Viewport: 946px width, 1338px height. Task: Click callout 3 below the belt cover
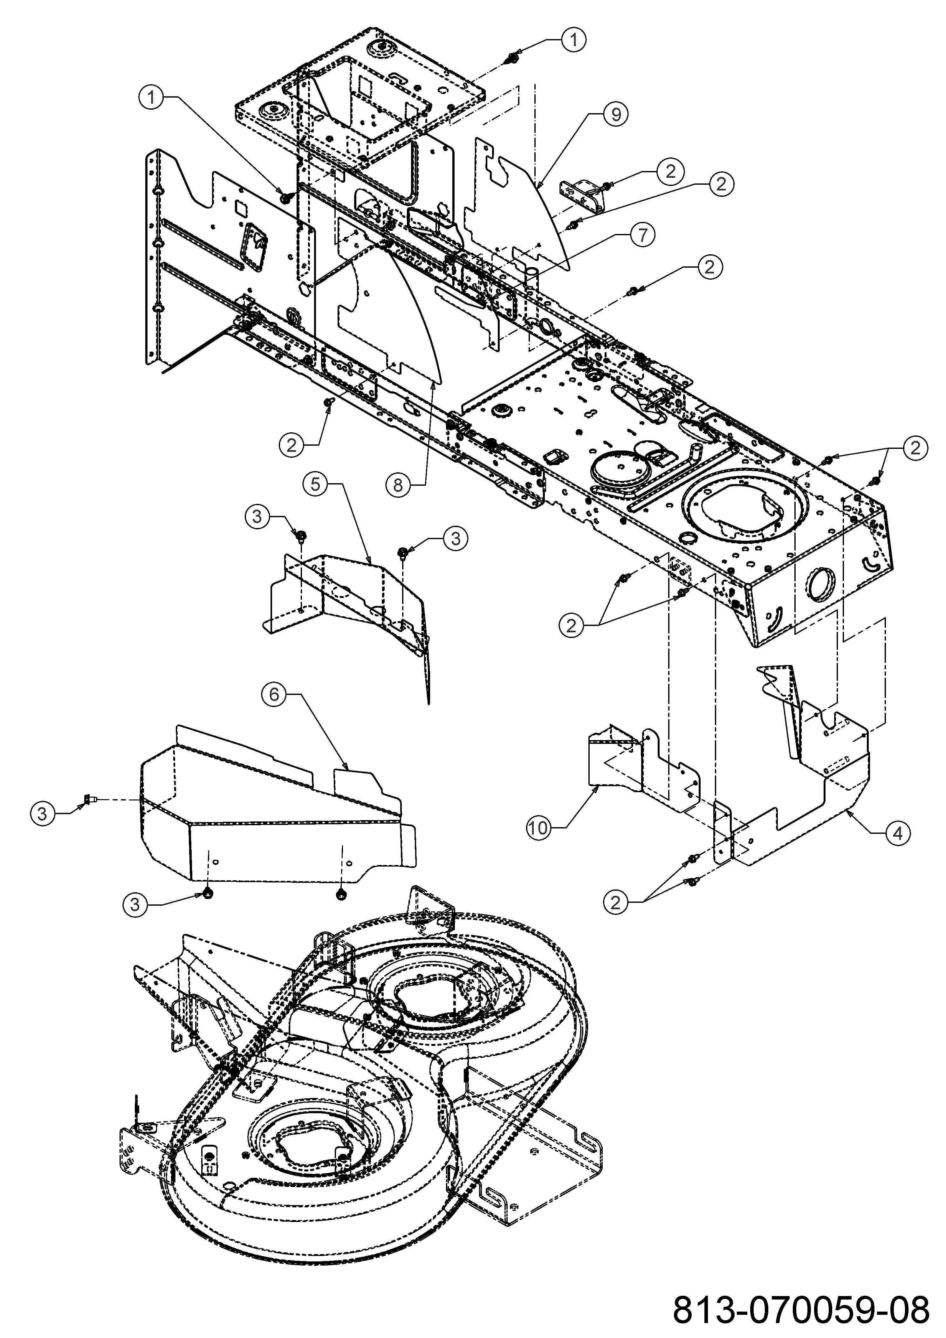tap(135, 904)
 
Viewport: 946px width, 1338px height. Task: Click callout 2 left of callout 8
tap(291, 445)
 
